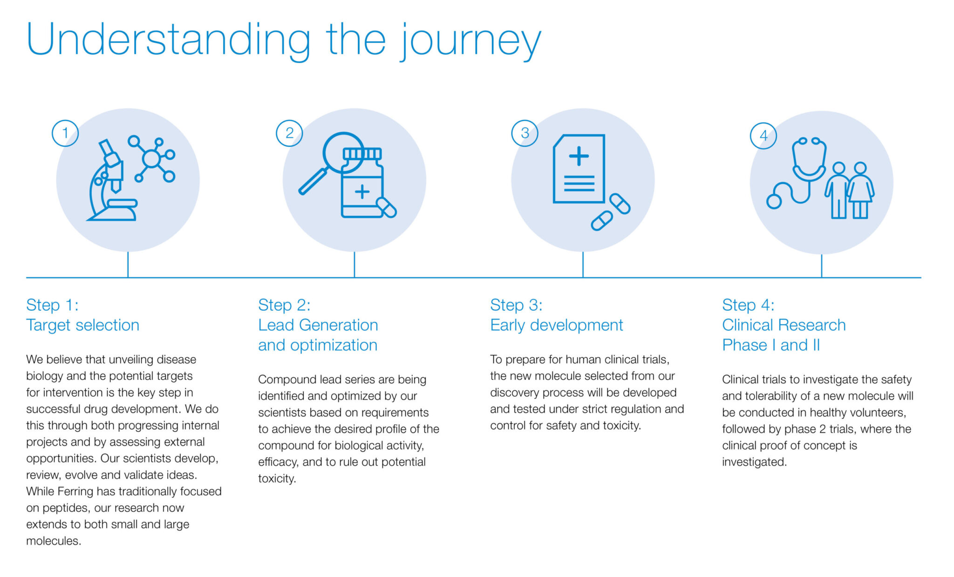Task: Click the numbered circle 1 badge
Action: click(x=65, y=133)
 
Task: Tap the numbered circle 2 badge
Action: click(x=289, y=133)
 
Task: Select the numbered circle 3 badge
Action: click(x=525, y=133)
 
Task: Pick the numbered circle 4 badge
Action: click(x=763, y=136)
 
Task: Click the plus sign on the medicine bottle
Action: click(x=362, y=191)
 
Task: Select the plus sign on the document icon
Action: click(x=579, y=156)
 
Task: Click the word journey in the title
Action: click(x=470, y=41)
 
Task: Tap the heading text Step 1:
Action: click(x=52, y=305)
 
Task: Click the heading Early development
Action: click(x=556, y=325)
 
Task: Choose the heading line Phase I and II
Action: click(x=770, y=345)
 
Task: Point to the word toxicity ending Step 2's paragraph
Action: click(x=277, y=478)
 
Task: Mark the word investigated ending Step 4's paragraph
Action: click(x=754, y=462)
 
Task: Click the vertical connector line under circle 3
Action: click(x=583, y=265)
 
